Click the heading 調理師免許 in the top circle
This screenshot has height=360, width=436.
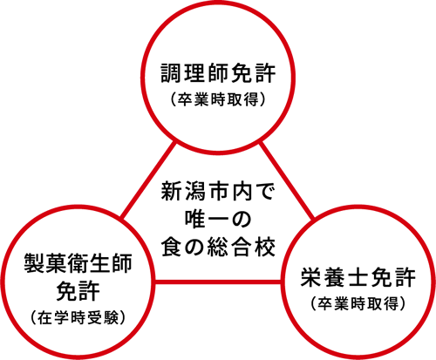pos(218,73)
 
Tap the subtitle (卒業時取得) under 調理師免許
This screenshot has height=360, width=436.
pos(218,100)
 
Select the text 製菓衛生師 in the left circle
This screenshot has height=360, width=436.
pos(78,263)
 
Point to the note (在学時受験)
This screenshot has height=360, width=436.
pos(78,317)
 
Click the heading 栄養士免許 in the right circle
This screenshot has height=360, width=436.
pos(358,276)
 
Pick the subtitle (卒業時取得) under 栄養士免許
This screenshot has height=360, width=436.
pos(358,303)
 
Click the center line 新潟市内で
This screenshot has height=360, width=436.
pos(218,191)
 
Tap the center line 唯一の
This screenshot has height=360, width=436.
pos(218,219)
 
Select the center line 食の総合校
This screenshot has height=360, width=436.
pos(218,247)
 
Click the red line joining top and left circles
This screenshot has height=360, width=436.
pos(148,180)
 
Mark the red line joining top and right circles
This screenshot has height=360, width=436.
pos(287,180)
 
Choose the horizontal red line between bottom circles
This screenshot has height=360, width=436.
pos(218,282)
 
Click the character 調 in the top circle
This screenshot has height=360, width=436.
pos(172,73)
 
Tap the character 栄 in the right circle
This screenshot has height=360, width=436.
pos(311,276)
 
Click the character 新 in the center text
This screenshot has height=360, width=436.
pos(172,191)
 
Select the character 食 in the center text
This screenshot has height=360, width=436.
pos(172,247)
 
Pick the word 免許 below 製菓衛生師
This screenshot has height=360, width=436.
pos(78,290)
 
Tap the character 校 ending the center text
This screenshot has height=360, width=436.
pos(264,247)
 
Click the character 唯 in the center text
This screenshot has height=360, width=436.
pos(195,219)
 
